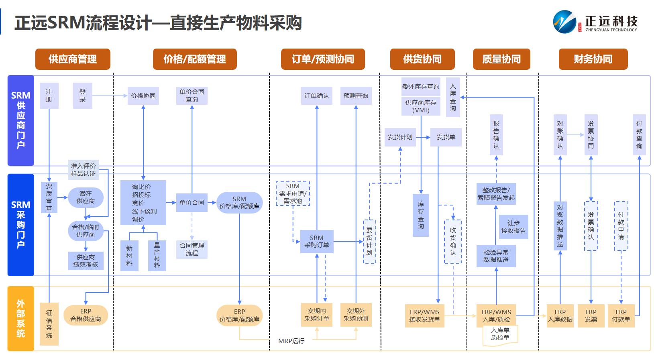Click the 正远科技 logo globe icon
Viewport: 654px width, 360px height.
pos(564,22)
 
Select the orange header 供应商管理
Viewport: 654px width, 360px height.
pos(73,59)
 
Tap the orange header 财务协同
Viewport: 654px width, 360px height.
pos(593,59)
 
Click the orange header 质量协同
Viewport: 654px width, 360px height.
pos(501,59)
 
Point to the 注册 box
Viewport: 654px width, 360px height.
pos(49,96)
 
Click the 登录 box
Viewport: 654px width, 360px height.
pos(82,96)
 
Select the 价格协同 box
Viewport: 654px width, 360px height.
pos(143,96)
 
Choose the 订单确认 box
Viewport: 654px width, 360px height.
pos(316,96)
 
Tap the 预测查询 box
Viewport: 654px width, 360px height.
pos(356,96)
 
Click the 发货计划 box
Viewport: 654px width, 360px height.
pos(400,137)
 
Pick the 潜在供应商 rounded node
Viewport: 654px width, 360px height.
pos(86,197)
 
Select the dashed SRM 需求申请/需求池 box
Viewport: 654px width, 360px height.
pos(293,193)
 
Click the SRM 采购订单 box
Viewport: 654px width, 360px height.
pos(316,242)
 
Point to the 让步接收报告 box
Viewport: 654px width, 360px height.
pos(513,227)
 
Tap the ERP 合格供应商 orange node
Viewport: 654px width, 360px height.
pos(86,315)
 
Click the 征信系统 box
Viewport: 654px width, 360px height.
pos(49,324)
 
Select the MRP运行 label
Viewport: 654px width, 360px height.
pos(291,341)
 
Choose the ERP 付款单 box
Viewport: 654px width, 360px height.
pos(621,315)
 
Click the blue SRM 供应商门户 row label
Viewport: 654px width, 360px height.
pos(21,120)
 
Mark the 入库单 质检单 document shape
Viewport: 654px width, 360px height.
pos(500,334)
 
